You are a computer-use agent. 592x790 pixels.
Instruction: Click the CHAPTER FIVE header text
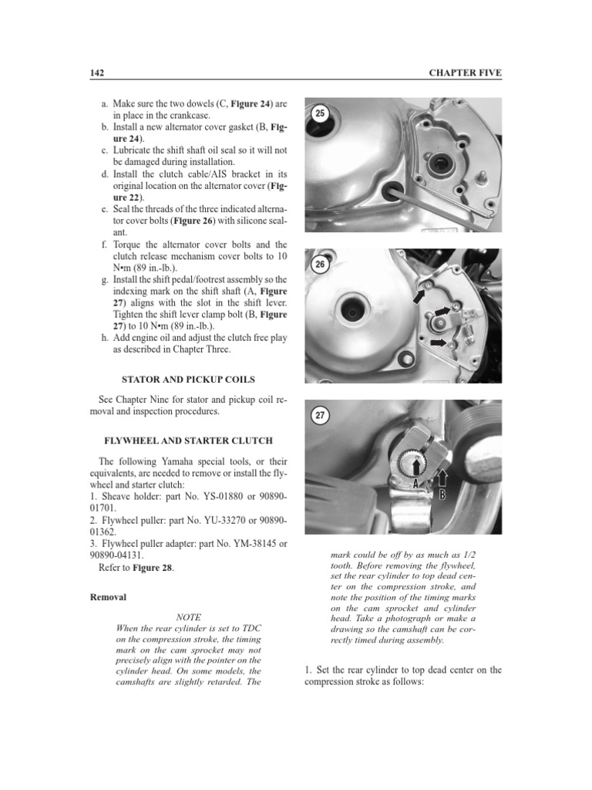tap(465, 73)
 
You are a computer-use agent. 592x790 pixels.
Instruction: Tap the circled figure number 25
tap(321, 113)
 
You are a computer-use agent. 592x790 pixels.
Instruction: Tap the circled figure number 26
tap(321, 265)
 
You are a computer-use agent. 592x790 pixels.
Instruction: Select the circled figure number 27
tap(321, 415)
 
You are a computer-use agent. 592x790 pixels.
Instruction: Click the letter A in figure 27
tap(415, 483)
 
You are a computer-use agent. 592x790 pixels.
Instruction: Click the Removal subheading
tap(109, 597)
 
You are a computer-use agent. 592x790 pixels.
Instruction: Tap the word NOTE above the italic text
tap(189, 617)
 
